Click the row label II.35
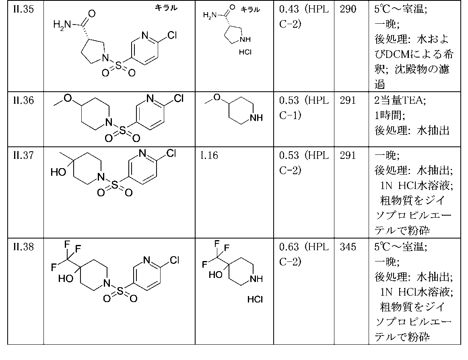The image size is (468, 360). (x=23, y=9)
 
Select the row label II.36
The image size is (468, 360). (x=23, y=100)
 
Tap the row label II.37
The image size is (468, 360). (x=23, y=155)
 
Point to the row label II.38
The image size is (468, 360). (x=23, y=247)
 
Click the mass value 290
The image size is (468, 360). (x=348, y=9)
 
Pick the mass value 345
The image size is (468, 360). (x=348, y=247)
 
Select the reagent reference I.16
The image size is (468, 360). (x=209, y=155)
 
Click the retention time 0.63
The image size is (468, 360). (x=289, y=247)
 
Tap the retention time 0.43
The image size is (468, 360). (x=289, y=9)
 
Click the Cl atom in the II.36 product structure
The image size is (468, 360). (x=178, y=98)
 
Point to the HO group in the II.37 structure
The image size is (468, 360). (x=58, y=172)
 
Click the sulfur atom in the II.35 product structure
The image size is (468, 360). (x=118, y=65)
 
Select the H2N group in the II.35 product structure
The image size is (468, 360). (x=62, y=25)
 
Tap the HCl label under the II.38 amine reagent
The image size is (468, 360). (x=255, y=299)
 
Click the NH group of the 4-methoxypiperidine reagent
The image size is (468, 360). (x=256, y=118)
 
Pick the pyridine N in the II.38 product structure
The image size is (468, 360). (x=146, y=260)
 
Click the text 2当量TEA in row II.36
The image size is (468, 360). (x=400, y=100)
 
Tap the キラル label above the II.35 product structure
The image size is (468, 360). (x=166, y=8)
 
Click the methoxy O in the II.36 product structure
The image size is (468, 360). (x=68, y=98)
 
